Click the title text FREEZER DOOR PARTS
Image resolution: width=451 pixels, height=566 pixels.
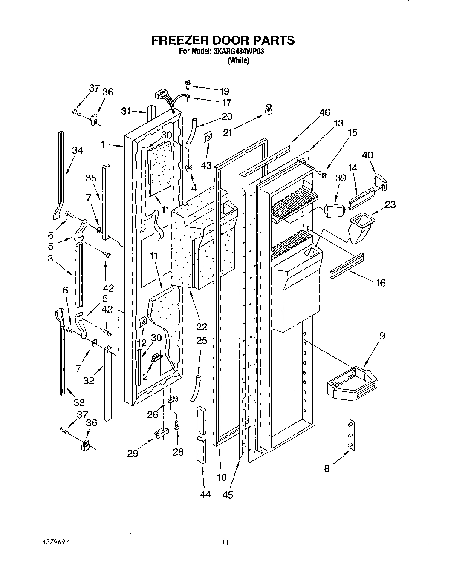pos(223,40)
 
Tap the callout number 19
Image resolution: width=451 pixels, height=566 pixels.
pos(224,91)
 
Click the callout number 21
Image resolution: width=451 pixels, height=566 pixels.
pos(228,133)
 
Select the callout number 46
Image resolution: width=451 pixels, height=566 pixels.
pos(325,112)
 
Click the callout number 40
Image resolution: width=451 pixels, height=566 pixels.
pos(367,155)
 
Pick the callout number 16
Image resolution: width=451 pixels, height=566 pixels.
pos(380,282)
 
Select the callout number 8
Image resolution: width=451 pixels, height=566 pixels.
pos(327,469)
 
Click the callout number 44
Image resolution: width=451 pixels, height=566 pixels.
pos(205,494)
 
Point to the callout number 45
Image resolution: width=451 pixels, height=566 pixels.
pos(228,495)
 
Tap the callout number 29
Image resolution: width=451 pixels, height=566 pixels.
pos(133,454)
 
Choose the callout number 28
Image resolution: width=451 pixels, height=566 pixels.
pos(178,452)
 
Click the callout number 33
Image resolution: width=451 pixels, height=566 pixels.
pos(79,402)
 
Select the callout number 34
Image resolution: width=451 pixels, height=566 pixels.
pos(77,150)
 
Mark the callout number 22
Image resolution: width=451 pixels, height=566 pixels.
pos(202,327)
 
